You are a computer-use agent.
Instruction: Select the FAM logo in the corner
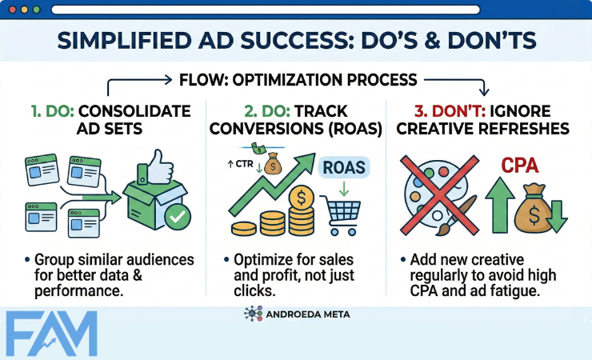pos(50,332)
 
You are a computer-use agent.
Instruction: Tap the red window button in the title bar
pos(13,10)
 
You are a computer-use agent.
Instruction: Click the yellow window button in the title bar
pos(24,10)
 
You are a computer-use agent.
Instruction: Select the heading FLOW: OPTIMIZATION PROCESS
pos(297,80)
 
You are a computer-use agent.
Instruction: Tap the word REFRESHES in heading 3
pos(522,130)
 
